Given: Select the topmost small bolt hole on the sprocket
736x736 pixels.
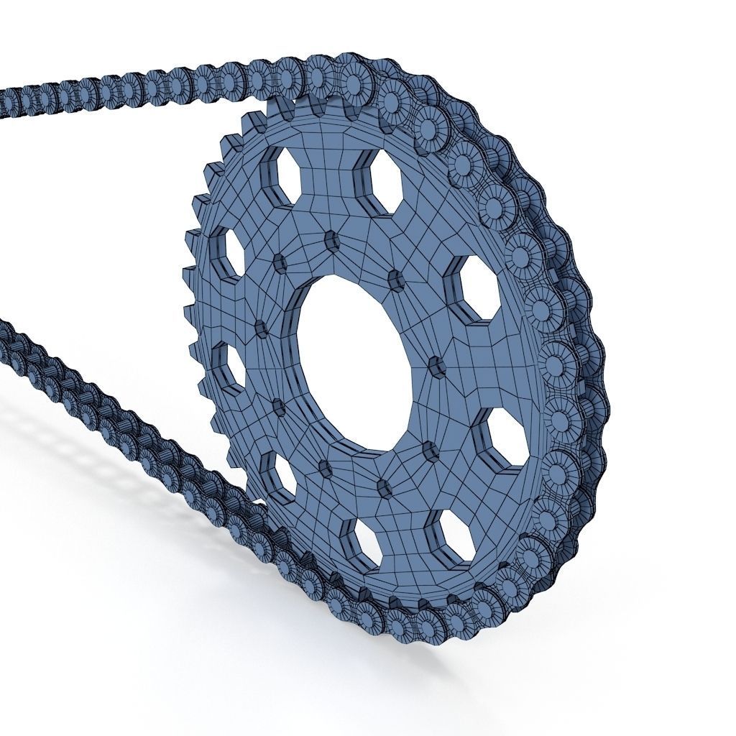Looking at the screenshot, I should tap(331, 241).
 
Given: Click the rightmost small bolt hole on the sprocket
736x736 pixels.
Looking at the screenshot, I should tap(436, 367).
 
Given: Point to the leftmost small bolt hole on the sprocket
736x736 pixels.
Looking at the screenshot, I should tap(260, 330).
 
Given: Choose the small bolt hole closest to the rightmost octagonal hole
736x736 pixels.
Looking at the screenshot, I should tap(431, 452).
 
